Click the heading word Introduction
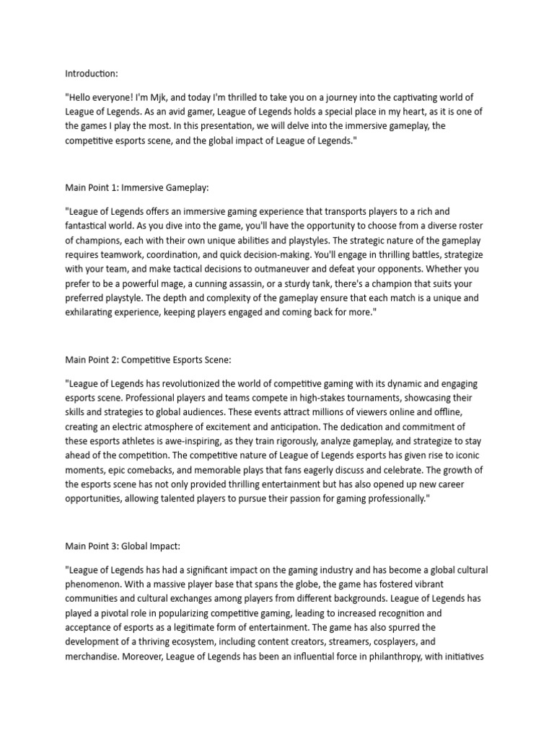tap(91, 74)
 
